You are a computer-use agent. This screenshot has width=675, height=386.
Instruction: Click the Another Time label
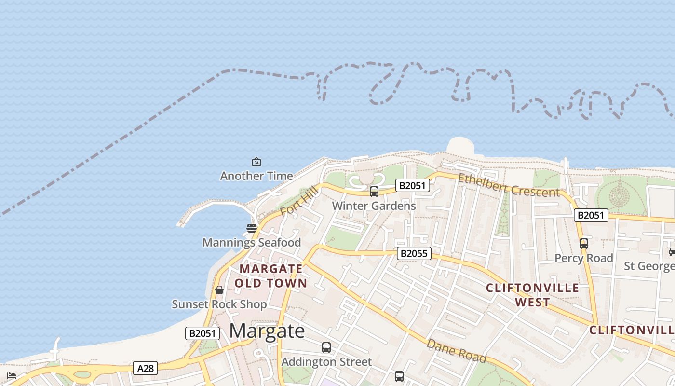tap(256, 176)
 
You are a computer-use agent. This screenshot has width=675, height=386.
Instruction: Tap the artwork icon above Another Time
tap(256, 162)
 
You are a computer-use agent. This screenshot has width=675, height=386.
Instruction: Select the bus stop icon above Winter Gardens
tap(374, 192)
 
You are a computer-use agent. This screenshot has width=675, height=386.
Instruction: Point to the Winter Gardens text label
tap(374, 206)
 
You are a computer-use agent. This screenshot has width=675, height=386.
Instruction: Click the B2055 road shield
tap(414, 253)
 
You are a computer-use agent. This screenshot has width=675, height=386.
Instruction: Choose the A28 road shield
tap(145, 369)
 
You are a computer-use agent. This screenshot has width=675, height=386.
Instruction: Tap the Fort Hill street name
tap(299, 202)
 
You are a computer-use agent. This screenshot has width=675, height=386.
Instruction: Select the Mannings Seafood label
tap(252, 242)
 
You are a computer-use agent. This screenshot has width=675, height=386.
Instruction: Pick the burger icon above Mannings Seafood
tap(251, 228)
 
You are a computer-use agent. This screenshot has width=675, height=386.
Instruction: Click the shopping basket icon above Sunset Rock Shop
tap(219, 290)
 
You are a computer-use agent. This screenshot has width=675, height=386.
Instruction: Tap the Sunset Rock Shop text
tap(219, 304)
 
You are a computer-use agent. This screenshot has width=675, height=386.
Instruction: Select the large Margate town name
tap(267, 331)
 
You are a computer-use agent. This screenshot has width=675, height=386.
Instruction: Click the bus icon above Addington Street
tap(326, 347)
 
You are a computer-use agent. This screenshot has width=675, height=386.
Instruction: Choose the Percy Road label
tap(583, 258)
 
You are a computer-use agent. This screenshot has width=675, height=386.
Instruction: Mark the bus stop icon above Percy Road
tap(583, 244)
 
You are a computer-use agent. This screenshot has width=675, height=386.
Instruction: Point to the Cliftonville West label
tap(532, 295)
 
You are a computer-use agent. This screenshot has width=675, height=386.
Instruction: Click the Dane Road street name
tap(456, 351)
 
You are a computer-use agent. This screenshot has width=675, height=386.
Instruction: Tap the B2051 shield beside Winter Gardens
tap(412, 185)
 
